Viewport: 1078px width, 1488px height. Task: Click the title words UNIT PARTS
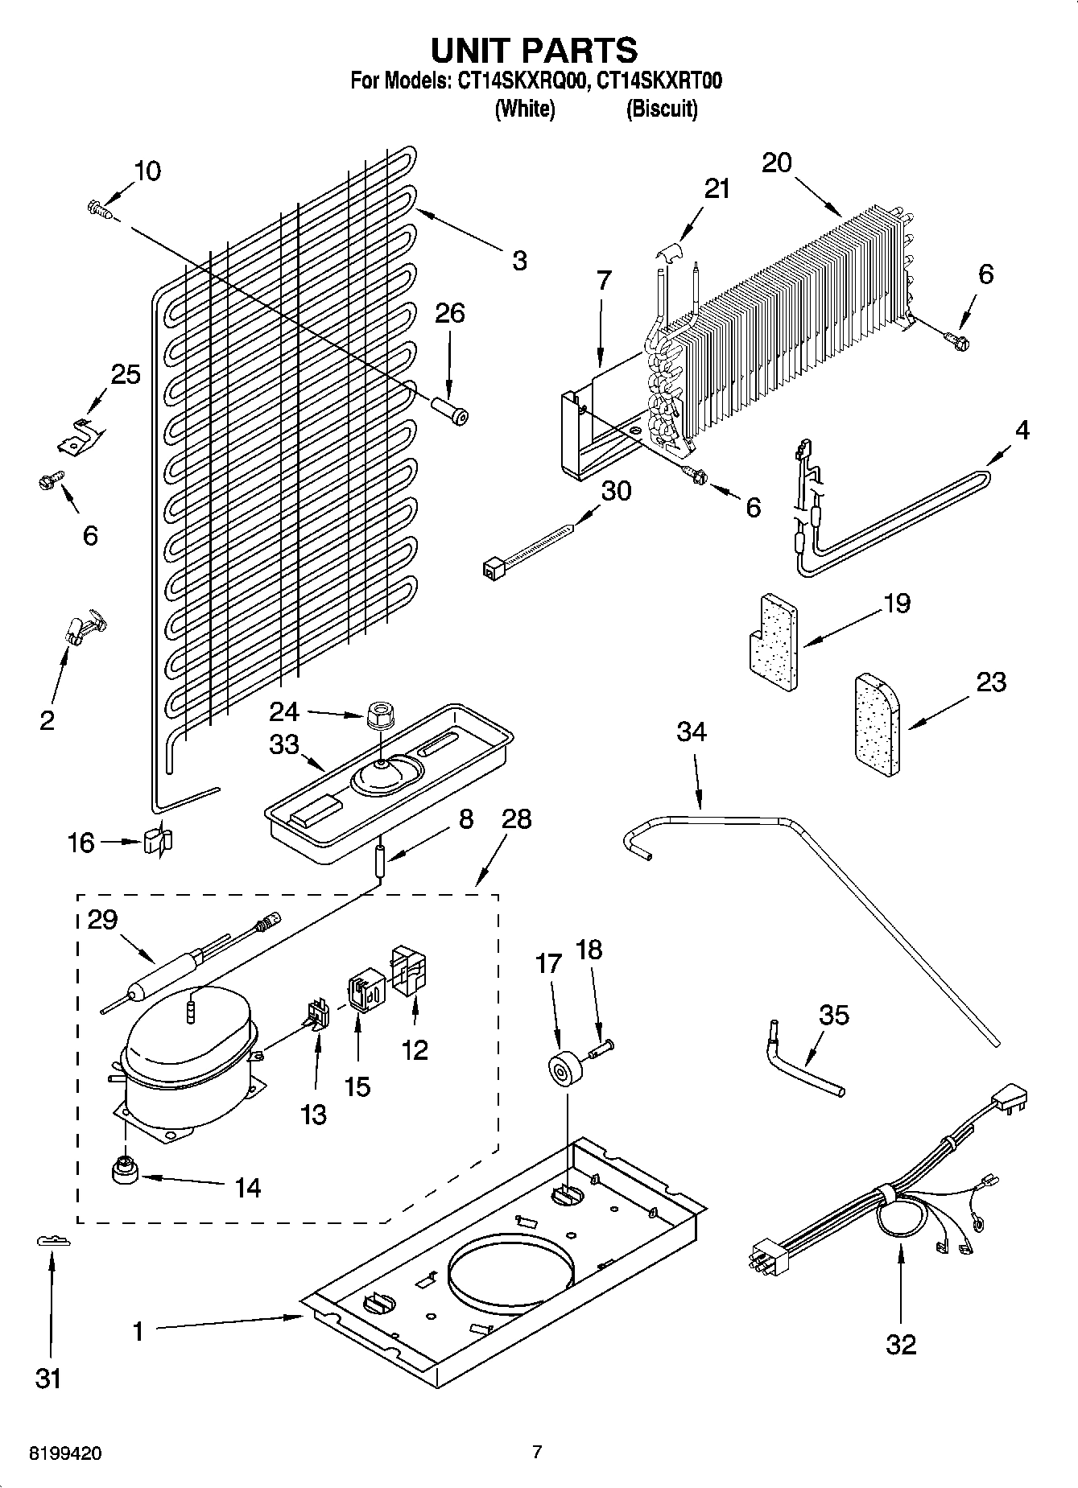click(x=535, y=50)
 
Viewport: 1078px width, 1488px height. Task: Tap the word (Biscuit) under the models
click(x=662, y=109)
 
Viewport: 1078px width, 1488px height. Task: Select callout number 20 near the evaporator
click(x=777, y=163)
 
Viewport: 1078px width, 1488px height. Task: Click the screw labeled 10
click(x=97, y=209)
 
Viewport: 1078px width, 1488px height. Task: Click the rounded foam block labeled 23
click(x=875, y=727)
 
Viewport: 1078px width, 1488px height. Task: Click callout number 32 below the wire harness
click(x=901, y=1343)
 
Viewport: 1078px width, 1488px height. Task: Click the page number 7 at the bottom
click(x=537, y=1451)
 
